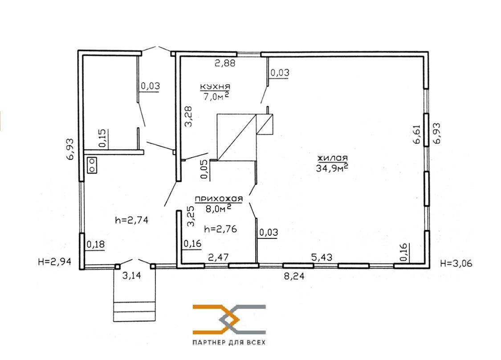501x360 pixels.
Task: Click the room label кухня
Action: pyautogui.click(x=215, y=86)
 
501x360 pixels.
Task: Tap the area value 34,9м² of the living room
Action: pyautogui.click(x=332, y=168)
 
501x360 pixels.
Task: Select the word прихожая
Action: pyautogui.click(x=219, y=199)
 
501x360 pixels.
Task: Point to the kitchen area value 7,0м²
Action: pyautogui.click(x=216, y=96)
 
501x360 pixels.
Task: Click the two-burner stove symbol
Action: pyautogui.click(x=92, y=165)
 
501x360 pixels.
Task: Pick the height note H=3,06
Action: pyautogui.click(x=456, y=263)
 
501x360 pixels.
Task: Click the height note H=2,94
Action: pyautogui.click(x=54, y=262)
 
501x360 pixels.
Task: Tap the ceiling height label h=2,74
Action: pyautogui.click(x=131, y=220)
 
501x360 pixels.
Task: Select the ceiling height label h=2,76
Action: pyautogui.click(x=220, y=229)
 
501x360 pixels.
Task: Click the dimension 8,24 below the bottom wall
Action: pyautogui.click(x=294, y=276)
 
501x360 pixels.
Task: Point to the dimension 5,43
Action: pyautogui.click(x=322, y=257)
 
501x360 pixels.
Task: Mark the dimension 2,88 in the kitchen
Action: pyautogui.click(x=225, y=63)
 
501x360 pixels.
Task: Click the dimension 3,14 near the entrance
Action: pyautogui.click(x=132, y=275)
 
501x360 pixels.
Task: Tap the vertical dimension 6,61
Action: pyautogui.click(x=417, y=134)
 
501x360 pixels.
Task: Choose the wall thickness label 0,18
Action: pyautogui.click(x=96, y=245)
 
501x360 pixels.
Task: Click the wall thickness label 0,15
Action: pyautogui.click(x=102, y=139)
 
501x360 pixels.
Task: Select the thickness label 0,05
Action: pyautogui.click(x=204, y=169)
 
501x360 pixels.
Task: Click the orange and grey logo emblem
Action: pyautogui.click(x=229, y=319)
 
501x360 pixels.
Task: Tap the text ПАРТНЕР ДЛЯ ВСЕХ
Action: pyautogui.click(x=229, y=343)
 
